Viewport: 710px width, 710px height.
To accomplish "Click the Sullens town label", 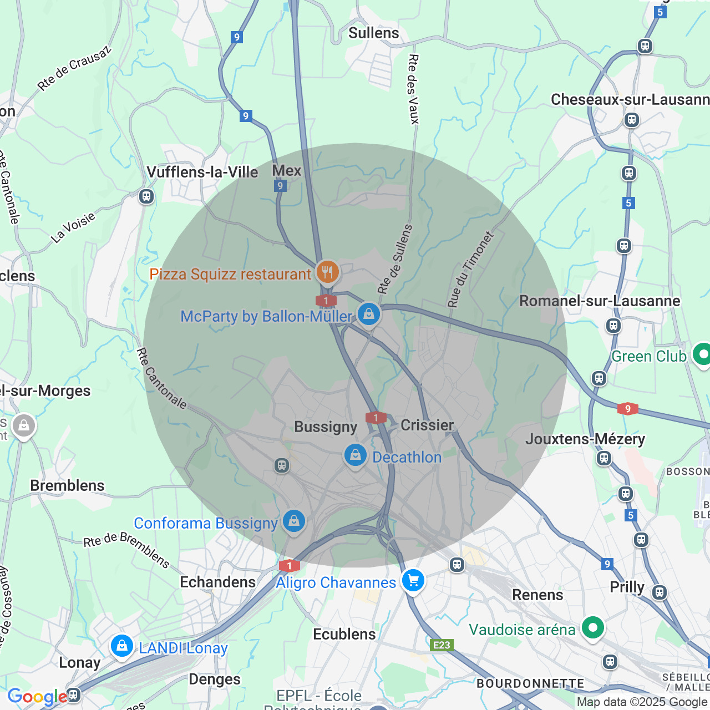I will (373, 33).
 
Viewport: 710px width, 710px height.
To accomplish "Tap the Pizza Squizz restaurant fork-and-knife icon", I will (328, 272).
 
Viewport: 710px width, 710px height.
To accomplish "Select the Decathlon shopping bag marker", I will (355, 455).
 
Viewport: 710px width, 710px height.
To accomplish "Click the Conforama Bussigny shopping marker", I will (294, 521).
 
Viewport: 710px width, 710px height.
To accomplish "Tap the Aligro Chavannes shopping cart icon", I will (413, 581).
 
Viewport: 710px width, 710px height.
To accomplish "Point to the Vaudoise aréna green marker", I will (592, 628).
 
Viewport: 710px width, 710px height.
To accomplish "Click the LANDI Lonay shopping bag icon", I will (121, 646).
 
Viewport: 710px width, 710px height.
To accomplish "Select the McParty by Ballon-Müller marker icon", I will (369, 315).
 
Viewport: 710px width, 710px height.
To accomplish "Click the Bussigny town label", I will (326, 427).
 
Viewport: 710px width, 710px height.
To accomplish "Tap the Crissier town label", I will (427, 425).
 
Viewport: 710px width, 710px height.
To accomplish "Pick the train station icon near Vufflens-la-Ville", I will (146, 196).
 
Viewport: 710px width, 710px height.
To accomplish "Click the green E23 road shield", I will (442, 645).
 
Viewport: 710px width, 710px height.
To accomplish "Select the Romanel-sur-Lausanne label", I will (599, 301).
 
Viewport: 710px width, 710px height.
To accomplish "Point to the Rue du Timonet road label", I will (470, 270).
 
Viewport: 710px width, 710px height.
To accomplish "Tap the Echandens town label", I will (217, 582).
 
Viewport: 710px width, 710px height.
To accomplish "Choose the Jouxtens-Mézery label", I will (585, 439).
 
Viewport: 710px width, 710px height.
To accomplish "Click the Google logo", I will (37, 697).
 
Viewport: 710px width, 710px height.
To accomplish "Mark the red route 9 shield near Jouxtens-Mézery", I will (627, 409).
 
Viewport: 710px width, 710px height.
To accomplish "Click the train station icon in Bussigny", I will (282, 465).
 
